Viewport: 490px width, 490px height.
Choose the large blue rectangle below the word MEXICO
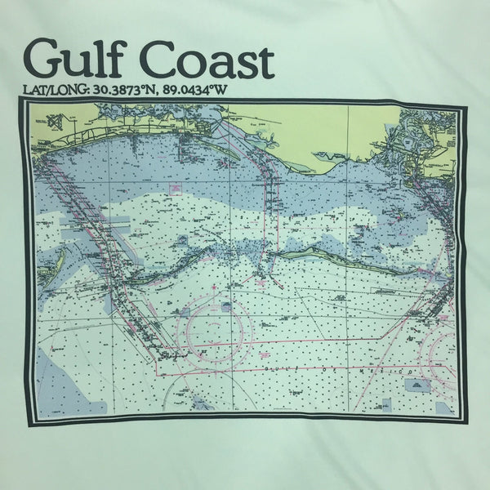(421, 384)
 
